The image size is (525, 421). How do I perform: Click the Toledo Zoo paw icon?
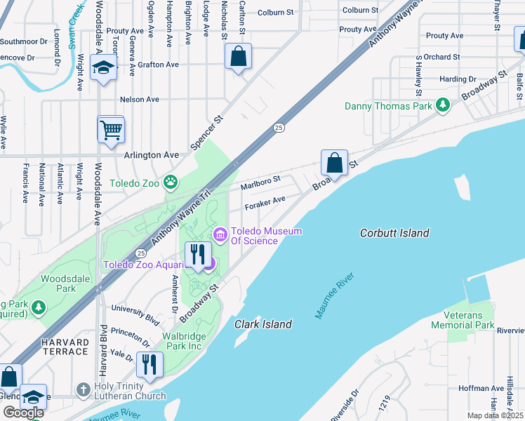point(171,183)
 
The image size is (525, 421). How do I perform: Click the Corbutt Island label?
point(394,233)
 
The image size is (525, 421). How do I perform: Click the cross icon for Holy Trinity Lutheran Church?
point(83,388)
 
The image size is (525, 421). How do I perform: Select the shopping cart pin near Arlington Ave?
point(111,130)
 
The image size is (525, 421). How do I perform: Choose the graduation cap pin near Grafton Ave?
point(104,69)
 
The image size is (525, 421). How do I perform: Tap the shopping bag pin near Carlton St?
point(239,56)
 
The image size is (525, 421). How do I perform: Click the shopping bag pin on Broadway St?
point(335,162)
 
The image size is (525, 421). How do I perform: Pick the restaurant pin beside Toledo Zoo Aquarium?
point(198,254)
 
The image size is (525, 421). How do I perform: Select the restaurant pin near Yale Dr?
point(149,364)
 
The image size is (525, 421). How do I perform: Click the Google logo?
point(23,412)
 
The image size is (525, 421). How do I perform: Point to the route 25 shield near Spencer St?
point(279,127)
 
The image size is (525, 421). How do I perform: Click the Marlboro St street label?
point(260,182)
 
